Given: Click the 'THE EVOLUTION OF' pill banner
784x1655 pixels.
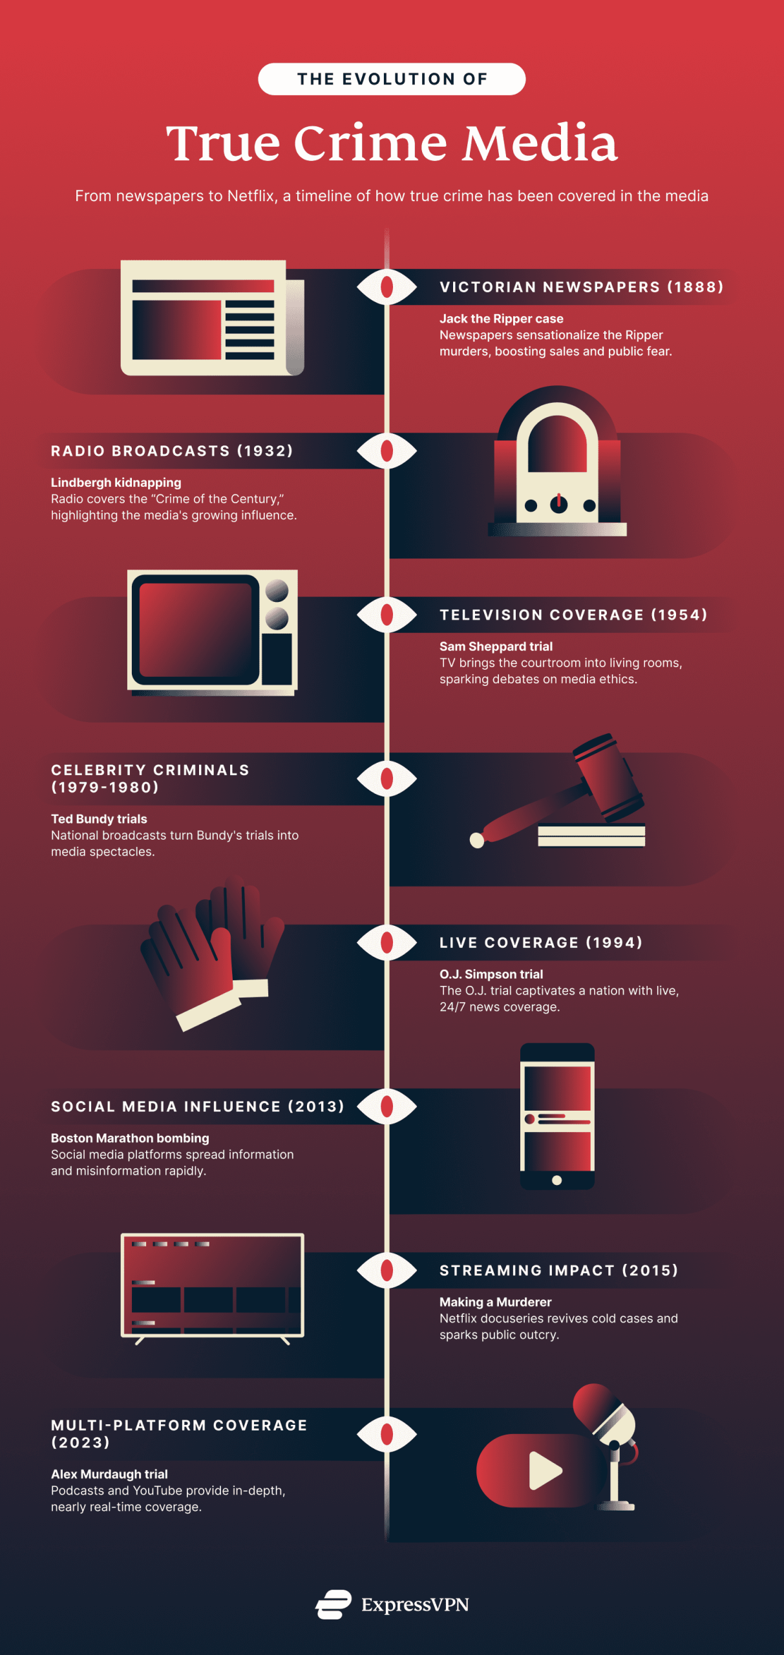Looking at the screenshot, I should point(392,79).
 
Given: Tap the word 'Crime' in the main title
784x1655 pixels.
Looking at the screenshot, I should point(370,143).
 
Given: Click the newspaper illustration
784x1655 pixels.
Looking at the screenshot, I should point(211,317).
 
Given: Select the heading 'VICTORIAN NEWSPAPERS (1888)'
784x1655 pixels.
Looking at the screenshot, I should point(581,287).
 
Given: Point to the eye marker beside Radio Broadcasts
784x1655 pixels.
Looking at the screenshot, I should point(387,451).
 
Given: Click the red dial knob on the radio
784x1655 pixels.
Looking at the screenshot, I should point(558,503).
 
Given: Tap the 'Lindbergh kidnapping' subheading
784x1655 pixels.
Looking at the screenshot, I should point(116,482).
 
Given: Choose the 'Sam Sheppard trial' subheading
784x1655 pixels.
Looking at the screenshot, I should point(496,646).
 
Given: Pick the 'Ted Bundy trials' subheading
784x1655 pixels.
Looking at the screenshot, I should point(99,819).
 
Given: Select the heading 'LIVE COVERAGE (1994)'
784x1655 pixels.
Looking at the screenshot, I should point(541,943).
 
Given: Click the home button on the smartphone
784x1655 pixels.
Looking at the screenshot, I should point(556,1180).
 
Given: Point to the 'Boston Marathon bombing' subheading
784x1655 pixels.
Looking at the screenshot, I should point(130,1138).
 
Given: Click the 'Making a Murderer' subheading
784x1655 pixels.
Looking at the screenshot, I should point(495,1302).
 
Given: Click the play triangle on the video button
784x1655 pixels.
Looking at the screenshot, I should point(544,1470).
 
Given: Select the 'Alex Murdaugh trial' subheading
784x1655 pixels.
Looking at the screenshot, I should point(109,1474).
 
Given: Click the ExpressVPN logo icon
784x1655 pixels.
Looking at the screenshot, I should point(334,1604).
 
